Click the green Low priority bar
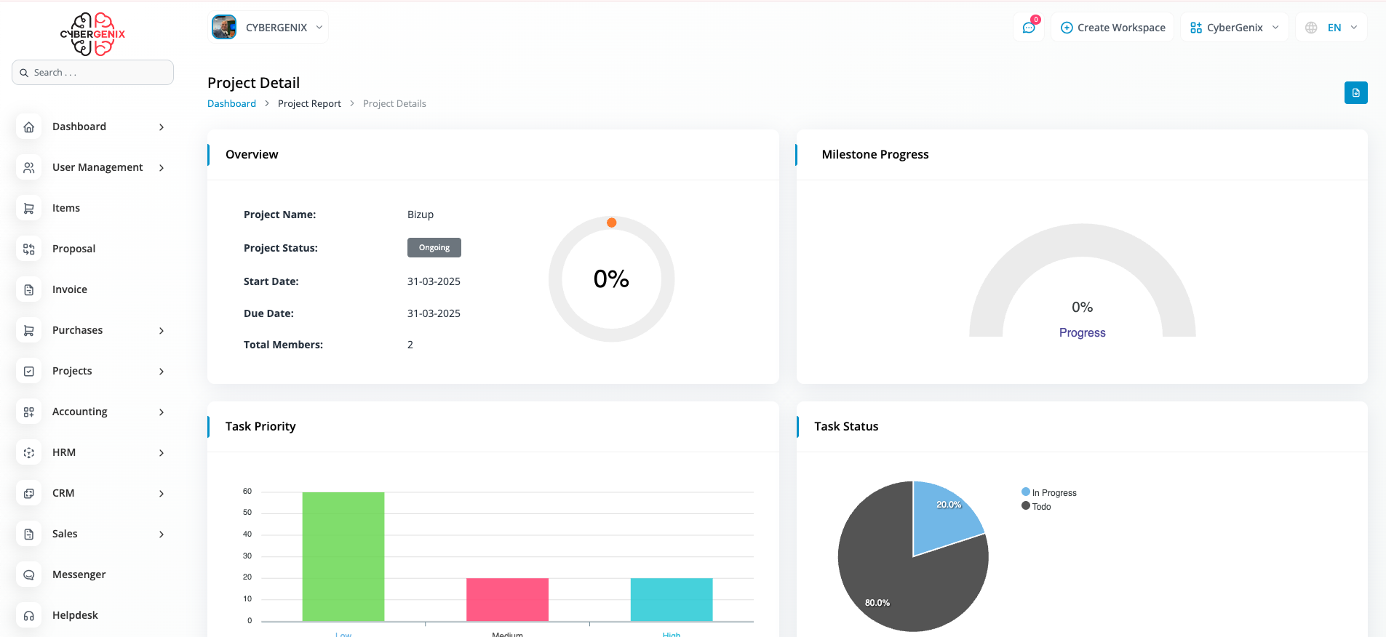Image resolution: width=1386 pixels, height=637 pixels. pyautogui.click(x=343, y=556)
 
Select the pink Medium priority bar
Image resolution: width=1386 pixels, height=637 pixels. pyautogui.click(x=507, y=599)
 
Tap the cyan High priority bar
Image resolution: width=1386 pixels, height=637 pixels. pyautogui.click(x=671, y=599)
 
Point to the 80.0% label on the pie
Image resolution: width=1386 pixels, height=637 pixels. pyautogui.click(x=877, y=603)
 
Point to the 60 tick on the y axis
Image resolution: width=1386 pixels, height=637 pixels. pyautogui.click(x=247, y=492)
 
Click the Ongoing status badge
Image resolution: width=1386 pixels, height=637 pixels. pyautogui.click(x=434, y=247)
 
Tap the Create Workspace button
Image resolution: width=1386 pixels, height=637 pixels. pyautogui.click(x=1112, y=28)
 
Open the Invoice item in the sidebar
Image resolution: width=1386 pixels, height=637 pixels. pyautogui.click(x=70, y=289)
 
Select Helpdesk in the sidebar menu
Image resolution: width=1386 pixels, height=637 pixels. pyautogui.click(x=75, y=615)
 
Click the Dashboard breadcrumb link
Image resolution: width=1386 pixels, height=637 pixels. pyautogui.click(x=231, y=103)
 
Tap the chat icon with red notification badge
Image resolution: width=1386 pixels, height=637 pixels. pyautogui.click(x=1029, y=28)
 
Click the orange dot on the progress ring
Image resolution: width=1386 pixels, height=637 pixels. pyautogui.click(x=612, y=223)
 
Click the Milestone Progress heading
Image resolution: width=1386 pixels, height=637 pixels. pyautogui.click(x=875, y=154)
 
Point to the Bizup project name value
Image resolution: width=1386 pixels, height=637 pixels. pyautogui.click(x=421, y=215)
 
